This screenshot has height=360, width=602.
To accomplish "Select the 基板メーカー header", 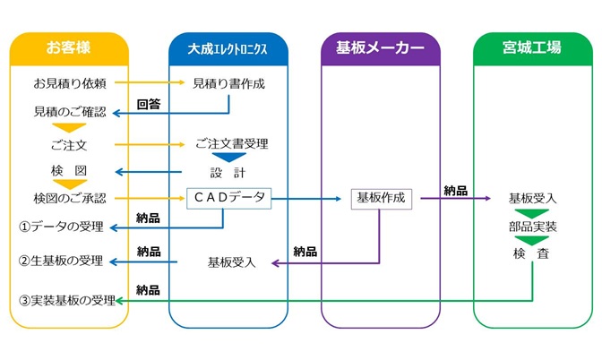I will tap(380, 47).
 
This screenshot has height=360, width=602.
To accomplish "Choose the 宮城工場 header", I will tap(532, 47).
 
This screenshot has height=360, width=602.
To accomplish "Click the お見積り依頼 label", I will tap(70, 84).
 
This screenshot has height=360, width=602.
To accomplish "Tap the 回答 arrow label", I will tap(149, 104).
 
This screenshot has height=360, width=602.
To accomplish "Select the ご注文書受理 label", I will tap(231, 143).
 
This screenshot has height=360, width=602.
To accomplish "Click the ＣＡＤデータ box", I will tap(229, 198).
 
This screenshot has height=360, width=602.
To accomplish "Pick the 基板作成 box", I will tap(381, 199).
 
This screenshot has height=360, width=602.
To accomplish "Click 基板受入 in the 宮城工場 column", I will tap(532, 198).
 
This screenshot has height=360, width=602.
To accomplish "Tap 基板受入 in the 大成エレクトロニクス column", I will tap(231, 262).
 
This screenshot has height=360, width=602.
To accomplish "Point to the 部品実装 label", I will tap(532, 227).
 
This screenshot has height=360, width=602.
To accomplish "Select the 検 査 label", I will tap(532, 255).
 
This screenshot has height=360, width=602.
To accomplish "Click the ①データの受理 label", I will tap(62, 226).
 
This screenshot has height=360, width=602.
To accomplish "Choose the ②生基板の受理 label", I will tap(62, 262).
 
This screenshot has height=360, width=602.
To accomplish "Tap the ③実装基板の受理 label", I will tap(67, 301).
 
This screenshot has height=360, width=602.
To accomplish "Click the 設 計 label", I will tap(228, 172).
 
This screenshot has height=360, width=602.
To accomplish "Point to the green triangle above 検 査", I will tap(532, 241).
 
